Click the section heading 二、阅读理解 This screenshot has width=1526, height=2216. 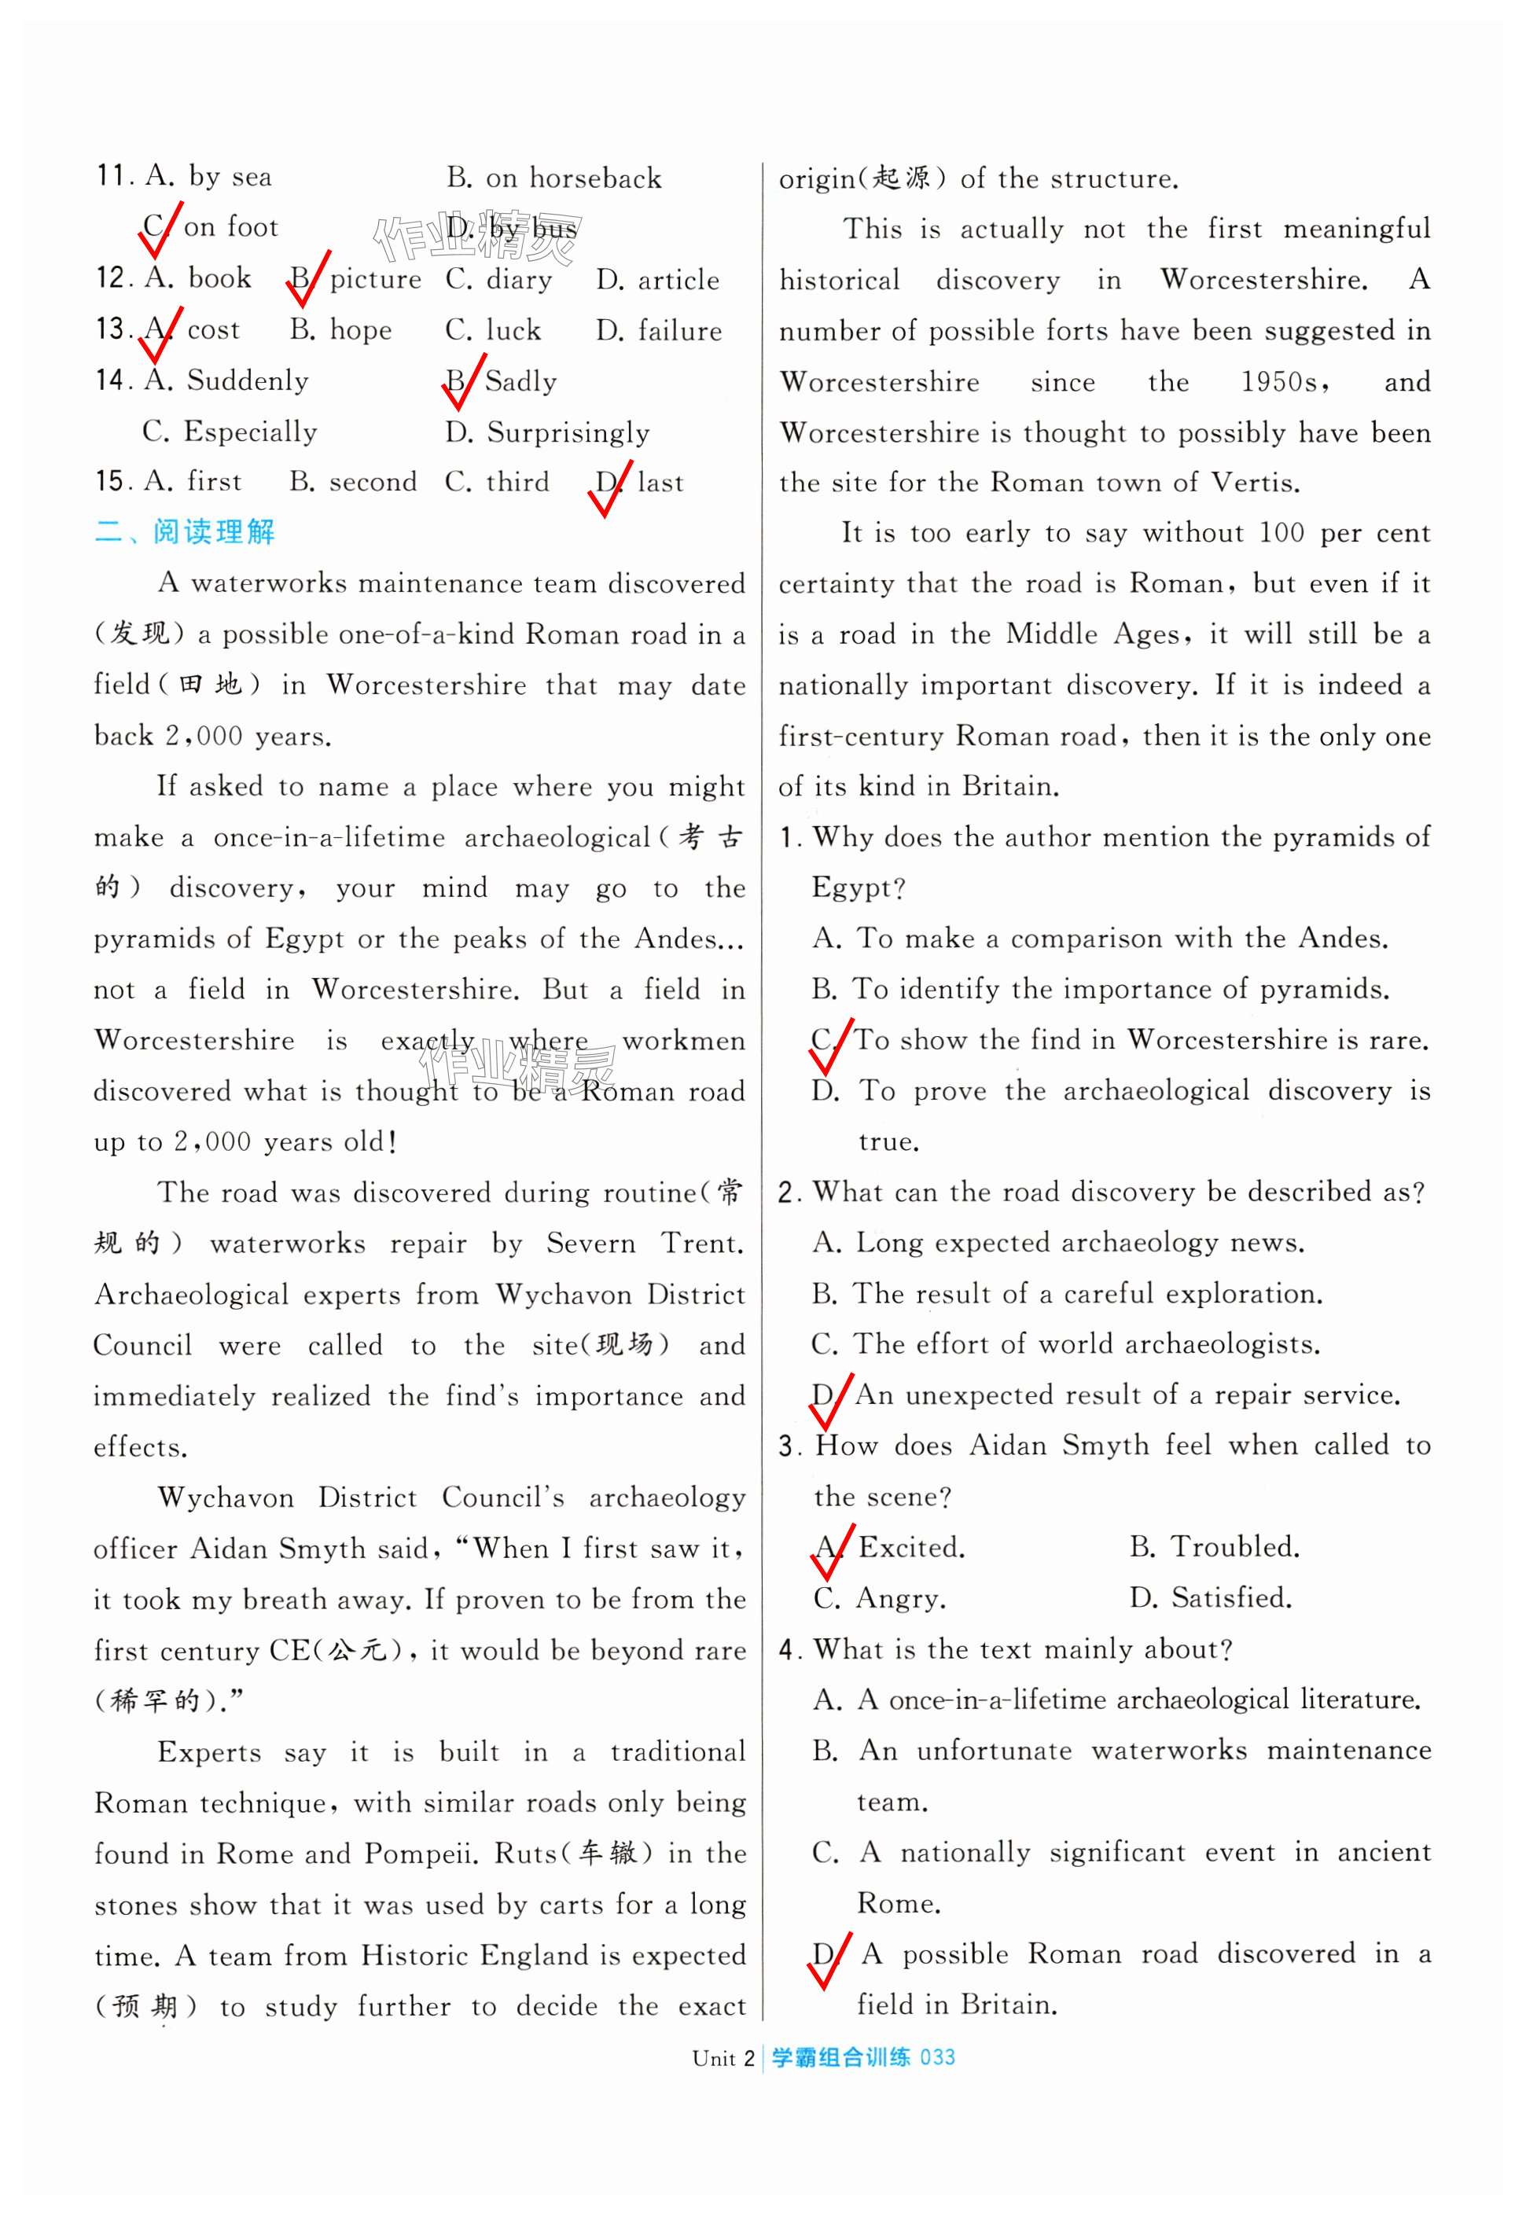(185, 531)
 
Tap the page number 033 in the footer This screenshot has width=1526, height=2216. (937, 2057)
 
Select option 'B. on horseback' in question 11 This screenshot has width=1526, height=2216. (554, 178)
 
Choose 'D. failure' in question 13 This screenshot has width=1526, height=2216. (659, 331)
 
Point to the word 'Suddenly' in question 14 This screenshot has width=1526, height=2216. (248, 380)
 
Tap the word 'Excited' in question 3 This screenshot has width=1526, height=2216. (910, 1547)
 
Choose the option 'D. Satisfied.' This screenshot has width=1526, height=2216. (1211, 1597)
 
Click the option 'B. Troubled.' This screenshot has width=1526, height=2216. (1215, 1547)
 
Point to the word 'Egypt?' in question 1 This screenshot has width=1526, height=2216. (858, 888)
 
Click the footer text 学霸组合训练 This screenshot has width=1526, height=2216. (840, 2057)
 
